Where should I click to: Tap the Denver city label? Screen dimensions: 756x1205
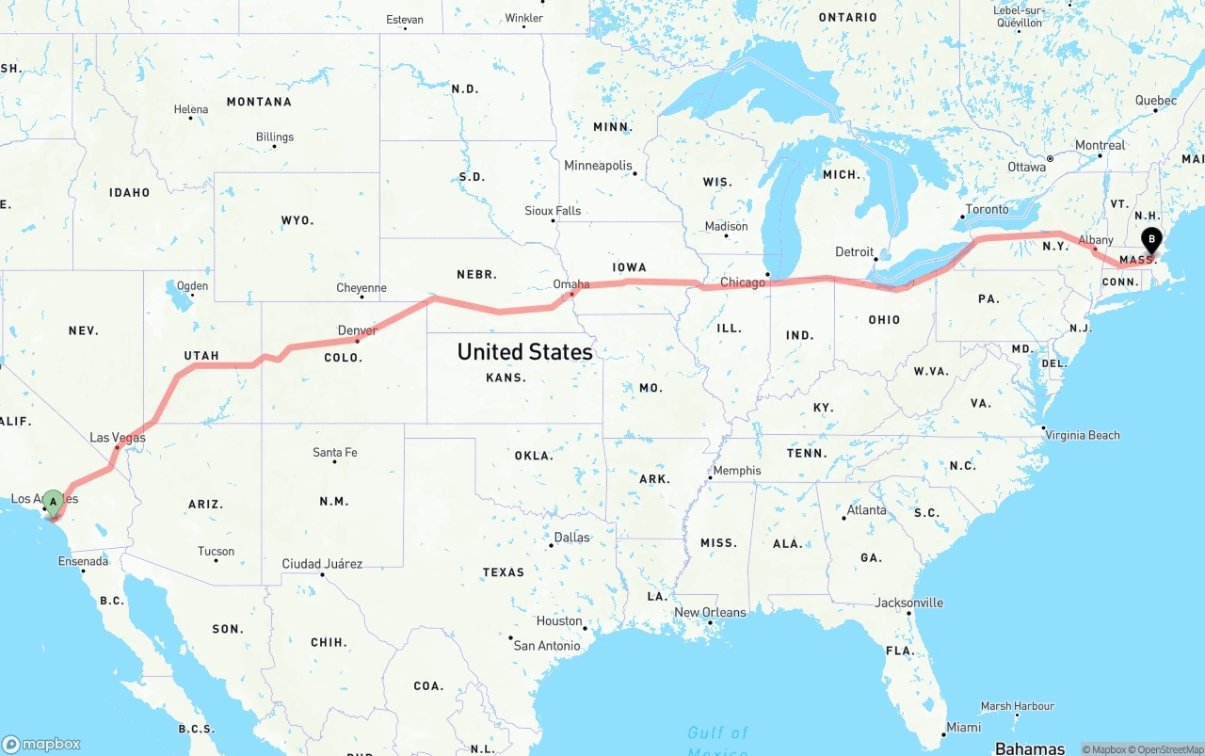click(x=357, y=330)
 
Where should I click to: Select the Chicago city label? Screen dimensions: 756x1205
click(x=743, y=282)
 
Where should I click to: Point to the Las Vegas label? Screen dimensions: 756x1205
click(x=118, y=438)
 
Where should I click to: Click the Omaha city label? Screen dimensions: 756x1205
click(x=571, y=284)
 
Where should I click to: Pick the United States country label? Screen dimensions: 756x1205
click(x=524, y=352)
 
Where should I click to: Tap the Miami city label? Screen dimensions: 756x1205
click(x=963, y=727)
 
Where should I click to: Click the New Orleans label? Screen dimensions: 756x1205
click(x=710, y=612)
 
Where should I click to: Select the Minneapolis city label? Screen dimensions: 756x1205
click(x=598, y=166)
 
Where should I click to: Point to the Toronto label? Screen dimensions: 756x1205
click(x=987, y=209)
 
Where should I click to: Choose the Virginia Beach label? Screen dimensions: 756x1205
click(x=1082, y=435)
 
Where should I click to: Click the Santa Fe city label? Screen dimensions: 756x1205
click(x=335, y=453)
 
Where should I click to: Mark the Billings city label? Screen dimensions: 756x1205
click(x=275, y=137)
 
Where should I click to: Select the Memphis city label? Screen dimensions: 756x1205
click(x=737, y=471)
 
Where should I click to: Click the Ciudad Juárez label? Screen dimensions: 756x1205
click(x=322, y=564)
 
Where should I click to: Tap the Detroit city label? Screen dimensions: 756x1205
click(x=855, y=251)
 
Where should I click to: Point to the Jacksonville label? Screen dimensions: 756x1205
click(x=908, y=603)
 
